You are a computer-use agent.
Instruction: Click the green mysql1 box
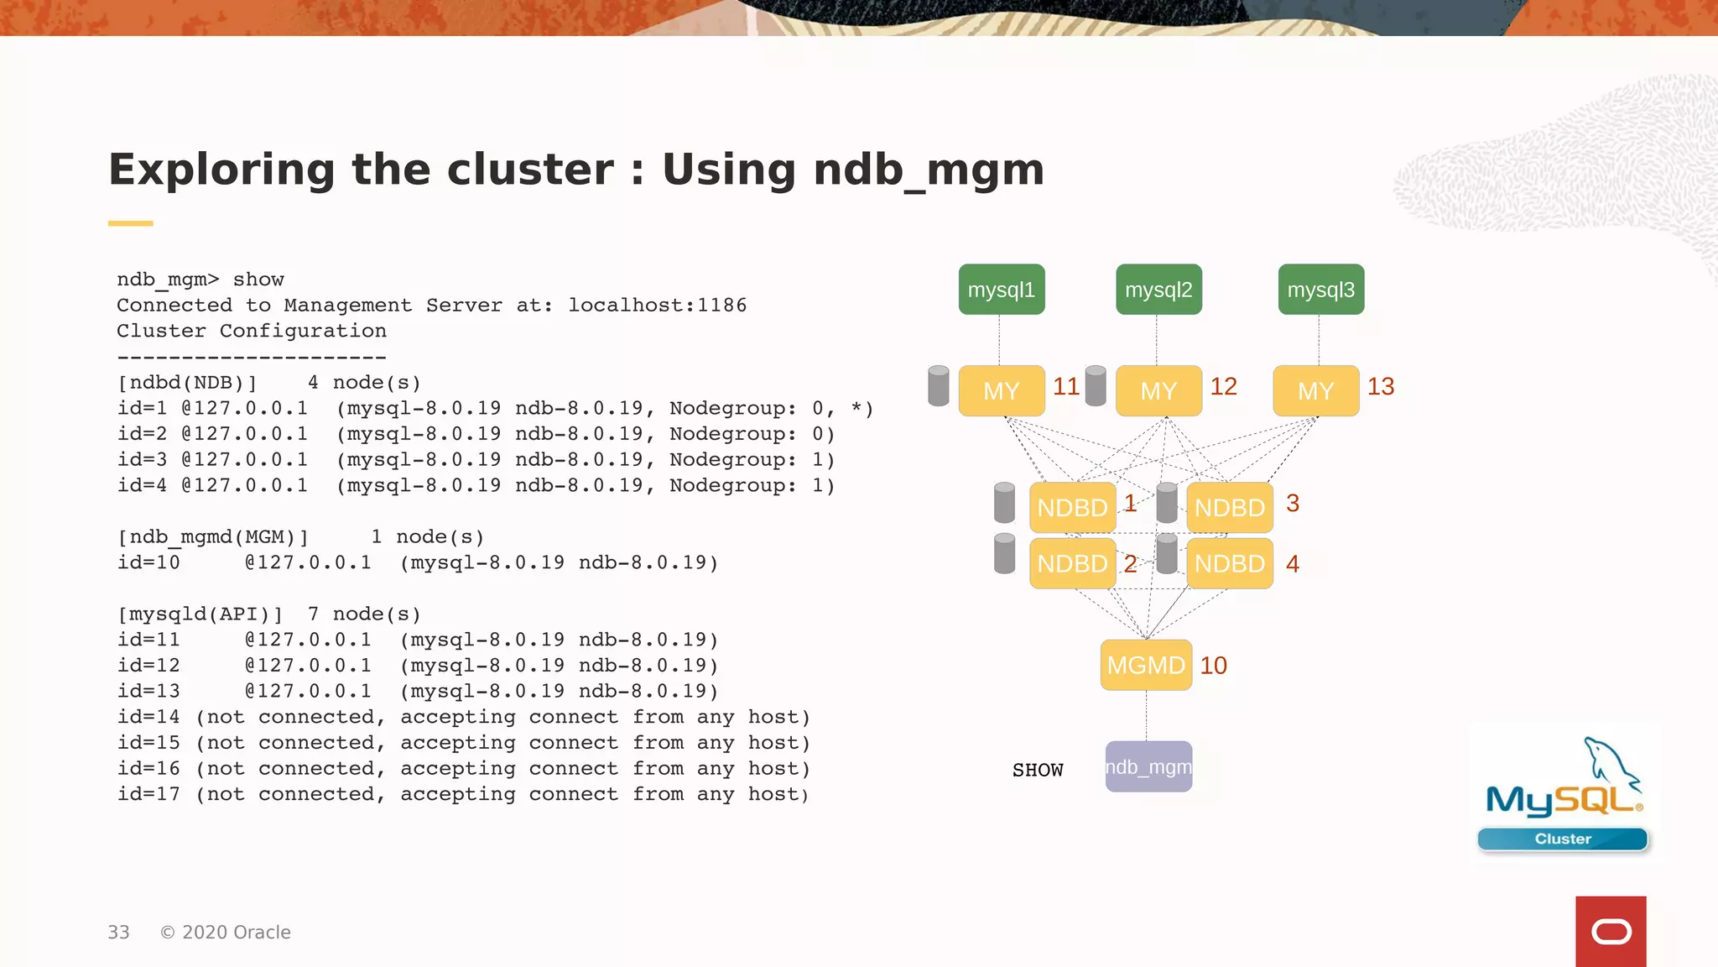point(1001,290)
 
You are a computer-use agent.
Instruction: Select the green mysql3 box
point(1320,290)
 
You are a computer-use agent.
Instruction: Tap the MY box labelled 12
point(1158,390)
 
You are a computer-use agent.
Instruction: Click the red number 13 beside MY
point(1380,386)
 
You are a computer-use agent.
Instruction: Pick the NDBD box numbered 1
point(1072,507)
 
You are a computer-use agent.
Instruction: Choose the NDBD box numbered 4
point(1229,563)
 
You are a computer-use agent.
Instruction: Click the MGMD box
point(1146,665)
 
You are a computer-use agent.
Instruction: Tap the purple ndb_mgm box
point(1148,766)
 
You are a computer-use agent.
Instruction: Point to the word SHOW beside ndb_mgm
point(1038,770)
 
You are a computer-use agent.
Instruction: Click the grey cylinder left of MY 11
point(939,386)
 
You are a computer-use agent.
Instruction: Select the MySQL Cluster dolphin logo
point(1564,793)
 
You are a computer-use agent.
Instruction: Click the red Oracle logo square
point(1611,931)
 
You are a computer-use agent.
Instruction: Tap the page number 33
point(118,933)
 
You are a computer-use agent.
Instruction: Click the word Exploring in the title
point(221,170)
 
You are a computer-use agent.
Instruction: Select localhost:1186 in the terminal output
point(657,306)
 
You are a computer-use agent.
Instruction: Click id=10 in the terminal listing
point(148,562)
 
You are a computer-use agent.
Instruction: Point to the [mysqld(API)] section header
point(200,614)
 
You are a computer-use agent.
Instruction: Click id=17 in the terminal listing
point(148,794)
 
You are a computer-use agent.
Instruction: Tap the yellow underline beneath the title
point(130,223)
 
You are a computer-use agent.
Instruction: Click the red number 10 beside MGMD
point(1213,665)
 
